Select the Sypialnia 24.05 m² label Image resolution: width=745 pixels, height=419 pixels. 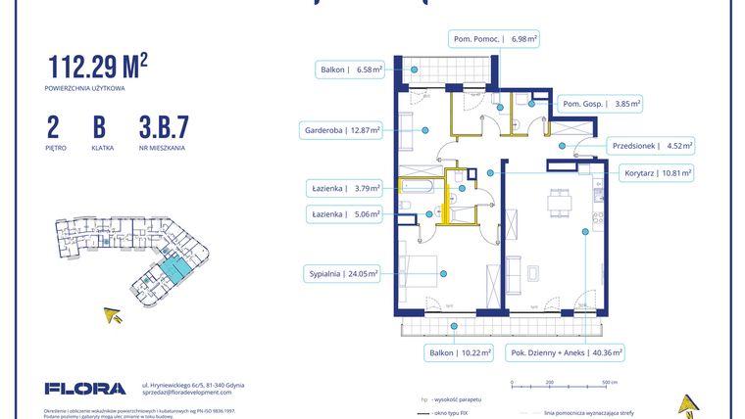[343, 274]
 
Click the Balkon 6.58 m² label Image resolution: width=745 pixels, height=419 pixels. [350, 70]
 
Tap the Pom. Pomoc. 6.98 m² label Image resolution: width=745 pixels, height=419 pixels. [495, 39]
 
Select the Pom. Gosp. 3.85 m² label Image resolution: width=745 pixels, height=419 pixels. [600, 103]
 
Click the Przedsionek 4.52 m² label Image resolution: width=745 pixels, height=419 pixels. [652, 146]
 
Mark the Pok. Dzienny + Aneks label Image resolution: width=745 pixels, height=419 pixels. [567, 351]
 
